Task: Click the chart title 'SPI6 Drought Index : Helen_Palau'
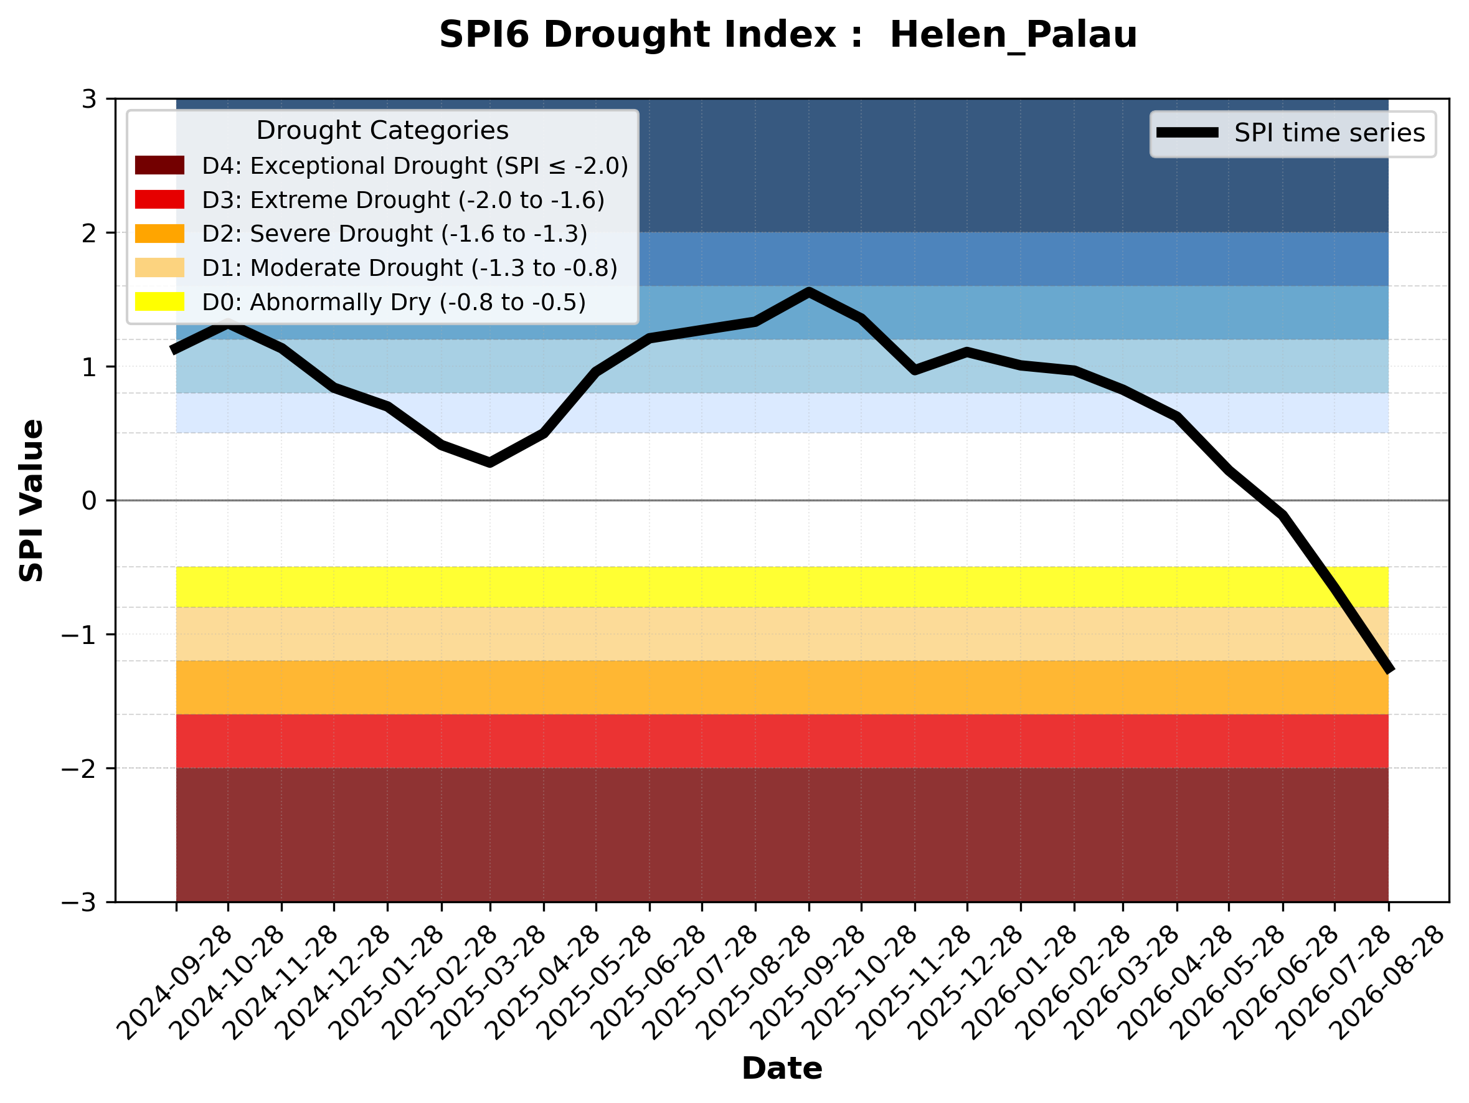788,34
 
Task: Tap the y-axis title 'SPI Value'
31,501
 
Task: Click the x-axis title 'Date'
782,1069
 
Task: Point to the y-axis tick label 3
89,99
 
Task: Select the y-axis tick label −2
78,769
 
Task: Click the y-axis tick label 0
89,501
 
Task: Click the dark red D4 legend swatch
159,165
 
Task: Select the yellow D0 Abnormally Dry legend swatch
159,301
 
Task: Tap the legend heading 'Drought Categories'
382,130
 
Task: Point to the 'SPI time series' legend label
1330,133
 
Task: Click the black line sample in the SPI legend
1188,133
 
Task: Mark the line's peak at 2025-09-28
809,292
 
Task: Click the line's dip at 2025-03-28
490,462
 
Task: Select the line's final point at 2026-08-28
1388,670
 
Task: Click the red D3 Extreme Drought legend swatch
159,199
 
